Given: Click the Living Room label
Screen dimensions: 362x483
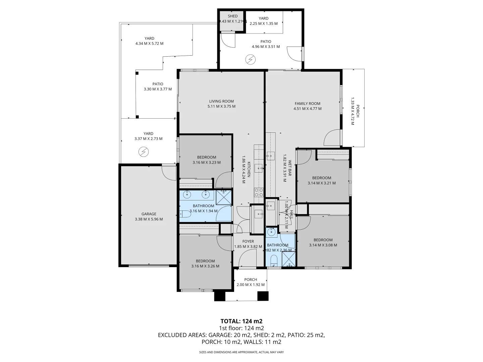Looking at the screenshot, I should point(221,101).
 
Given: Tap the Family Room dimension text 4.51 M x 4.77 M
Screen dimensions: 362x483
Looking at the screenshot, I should point(307,109).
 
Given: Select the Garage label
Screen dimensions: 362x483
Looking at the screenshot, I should point(149,214).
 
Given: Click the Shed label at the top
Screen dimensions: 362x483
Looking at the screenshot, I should point(232,16).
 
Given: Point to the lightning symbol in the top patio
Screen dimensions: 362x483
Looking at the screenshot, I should point(250,60).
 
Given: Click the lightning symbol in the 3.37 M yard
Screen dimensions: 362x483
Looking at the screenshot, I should point(144,152).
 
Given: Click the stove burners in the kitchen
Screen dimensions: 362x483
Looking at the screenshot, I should point(259,192).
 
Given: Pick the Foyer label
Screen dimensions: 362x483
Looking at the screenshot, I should point(248,241).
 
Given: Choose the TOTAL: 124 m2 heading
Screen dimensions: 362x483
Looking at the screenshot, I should point(241,321).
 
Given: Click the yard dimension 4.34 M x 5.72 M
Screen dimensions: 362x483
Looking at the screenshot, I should point(149,44).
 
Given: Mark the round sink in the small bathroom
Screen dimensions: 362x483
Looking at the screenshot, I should point(272,232).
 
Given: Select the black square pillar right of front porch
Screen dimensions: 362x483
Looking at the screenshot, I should point(263,296).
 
